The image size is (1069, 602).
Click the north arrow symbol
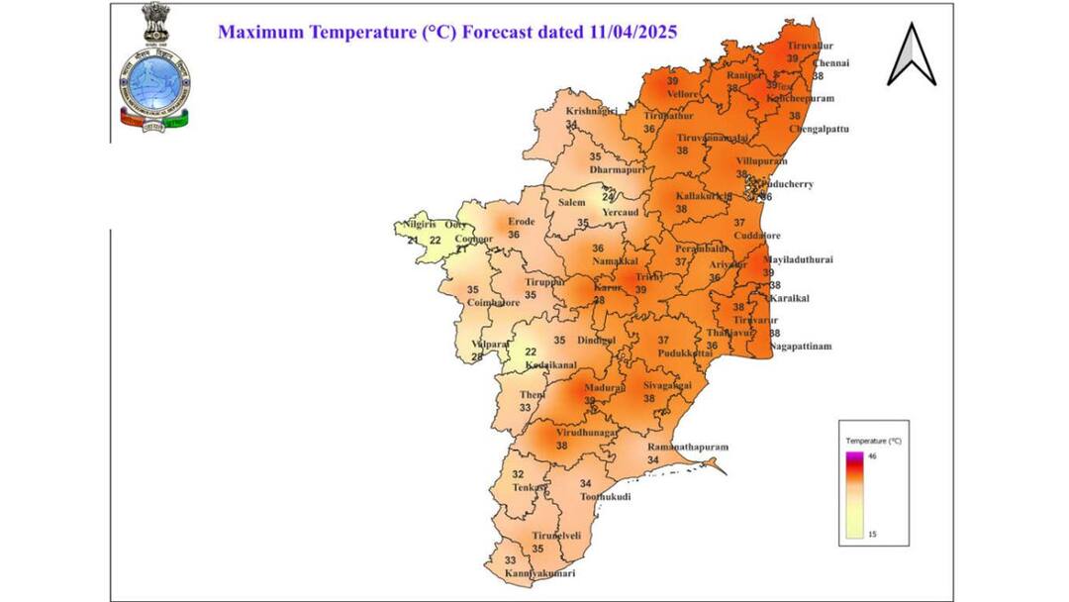click(911, 55)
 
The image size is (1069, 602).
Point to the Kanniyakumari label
click(540, 574)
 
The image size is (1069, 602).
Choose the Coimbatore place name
click(493, 303)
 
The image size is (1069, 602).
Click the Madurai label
click(604, 388)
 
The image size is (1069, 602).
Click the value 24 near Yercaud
click(609, 197)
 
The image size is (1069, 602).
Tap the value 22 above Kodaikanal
click(530, 351)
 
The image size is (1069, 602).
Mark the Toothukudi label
click(605, 495)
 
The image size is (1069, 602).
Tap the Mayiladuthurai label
click(799, 259)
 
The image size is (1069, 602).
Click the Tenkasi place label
click(531, 487)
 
